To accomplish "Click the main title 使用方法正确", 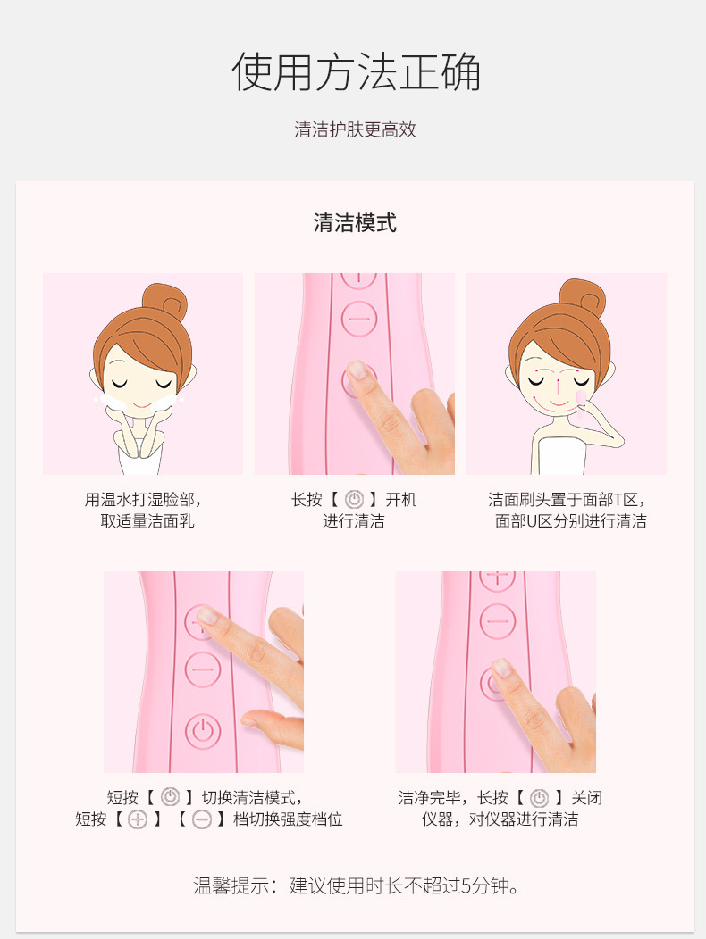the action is pos(356,72).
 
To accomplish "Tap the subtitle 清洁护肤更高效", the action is pos(355,129).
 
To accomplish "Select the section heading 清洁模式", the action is pos(355,223).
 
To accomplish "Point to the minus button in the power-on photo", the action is pos(359,319).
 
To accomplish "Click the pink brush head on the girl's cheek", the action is pos(581,397).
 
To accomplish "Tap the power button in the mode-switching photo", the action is pos(203,731).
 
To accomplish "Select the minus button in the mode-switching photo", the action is pos(203,669).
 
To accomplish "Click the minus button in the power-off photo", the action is pos(498,621).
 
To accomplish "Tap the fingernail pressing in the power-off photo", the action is pos(501,667).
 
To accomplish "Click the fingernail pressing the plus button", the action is pos(207,614).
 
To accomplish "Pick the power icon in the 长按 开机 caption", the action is pos(354,500).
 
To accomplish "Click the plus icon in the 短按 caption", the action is pos(138,819).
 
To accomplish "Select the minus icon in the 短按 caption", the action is pos(202,819).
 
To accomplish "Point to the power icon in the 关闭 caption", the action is pos(539,798).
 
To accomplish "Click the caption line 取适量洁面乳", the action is pos(147,521).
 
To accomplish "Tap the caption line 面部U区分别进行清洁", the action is pos(570,521).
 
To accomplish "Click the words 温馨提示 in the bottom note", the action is pos(231,885).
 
